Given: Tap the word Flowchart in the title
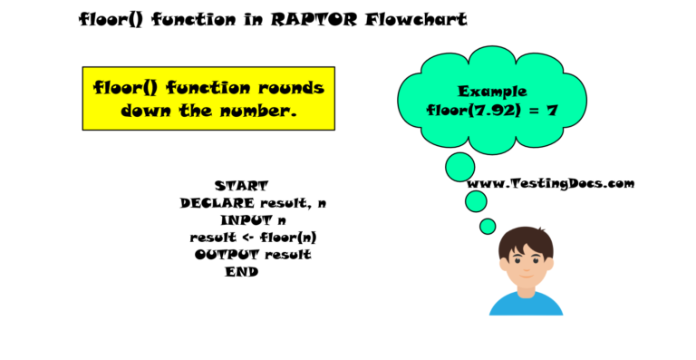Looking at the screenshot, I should (417, 19).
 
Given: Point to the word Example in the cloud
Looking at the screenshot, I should (492, 92).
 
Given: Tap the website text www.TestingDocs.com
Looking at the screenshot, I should (550, 183).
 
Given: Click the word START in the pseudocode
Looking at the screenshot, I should (241, 186).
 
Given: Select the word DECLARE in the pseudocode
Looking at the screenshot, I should (217, 203).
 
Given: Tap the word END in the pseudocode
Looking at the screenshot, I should (241, 272).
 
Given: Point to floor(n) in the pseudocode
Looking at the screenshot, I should (289, 238).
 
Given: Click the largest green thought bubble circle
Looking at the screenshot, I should (460, 167).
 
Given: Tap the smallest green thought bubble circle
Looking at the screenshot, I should (488, 226).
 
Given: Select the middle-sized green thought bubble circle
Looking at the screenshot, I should (476, 201).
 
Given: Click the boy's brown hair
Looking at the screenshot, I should (526, 239).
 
